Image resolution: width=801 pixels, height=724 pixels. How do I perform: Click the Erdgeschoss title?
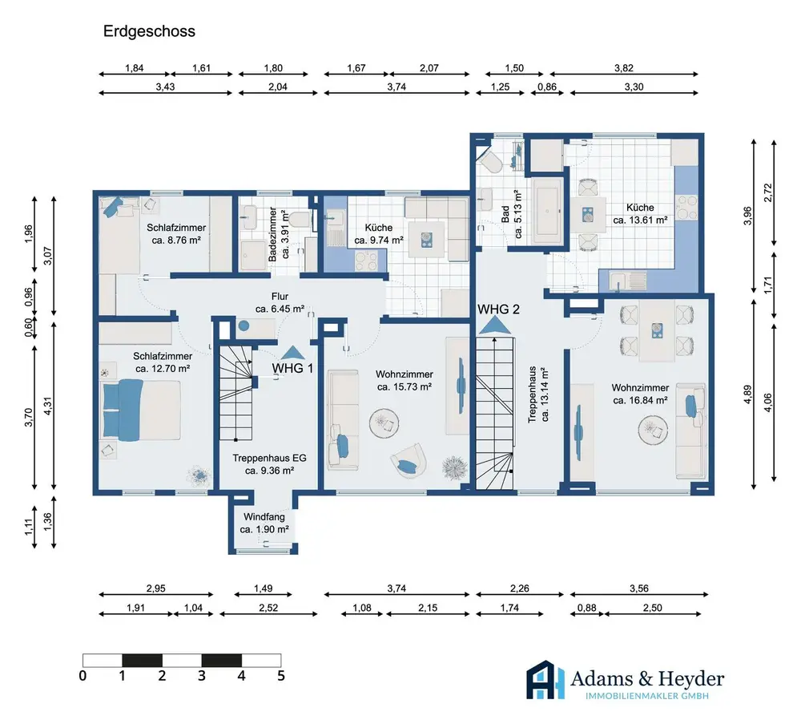coord(149,31)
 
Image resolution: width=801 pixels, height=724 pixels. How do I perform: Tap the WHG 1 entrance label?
coord(292,368)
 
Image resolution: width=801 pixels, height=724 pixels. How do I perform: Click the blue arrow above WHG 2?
coord(494,326)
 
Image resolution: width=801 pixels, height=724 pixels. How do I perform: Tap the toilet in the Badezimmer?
coord(301,219)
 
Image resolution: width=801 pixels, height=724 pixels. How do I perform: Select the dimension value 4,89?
coord(747,394)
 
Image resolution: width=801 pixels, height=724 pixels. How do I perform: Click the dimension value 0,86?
coord(546,87)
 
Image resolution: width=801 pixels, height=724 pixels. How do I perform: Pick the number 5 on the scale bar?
coord(281,676)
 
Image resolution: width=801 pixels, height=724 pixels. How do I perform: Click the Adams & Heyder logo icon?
coord(545,680)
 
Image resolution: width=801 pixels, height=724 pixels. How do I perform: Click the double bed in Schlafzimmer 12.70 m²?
coord(142,410)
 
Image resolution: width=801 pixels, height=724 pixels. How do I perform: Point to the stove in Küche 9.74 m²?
coord(366,261)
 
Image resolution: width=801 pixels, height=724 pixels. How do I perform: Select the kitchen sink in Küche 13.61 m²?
coord(628,281)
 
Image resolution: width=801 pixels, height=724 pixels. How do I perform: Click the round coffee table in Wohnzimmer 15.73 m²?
coord(384,423)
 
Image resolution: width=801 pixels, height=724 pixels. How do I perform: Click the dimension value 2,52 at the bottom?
coord(268,608)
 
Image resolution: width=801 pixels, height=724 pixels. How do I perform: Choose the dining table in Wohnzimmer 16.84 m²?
coord(657,331)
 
